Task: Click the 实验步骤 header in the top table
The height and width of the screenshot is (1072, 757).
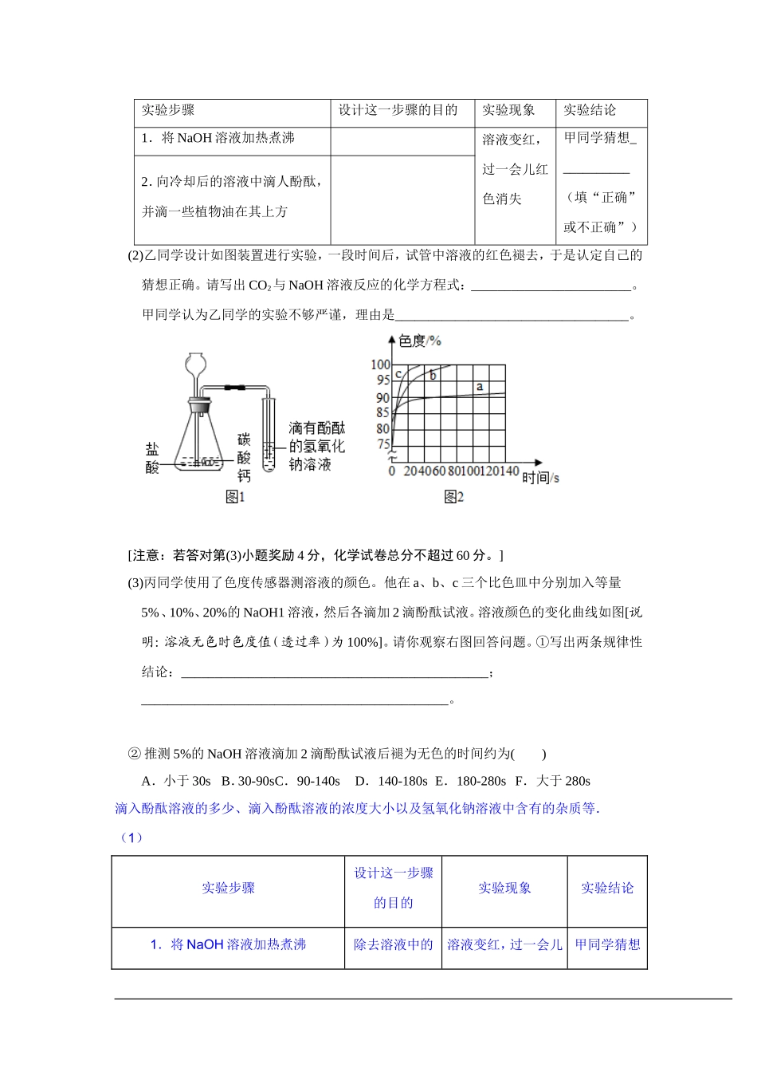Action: click(168, 111)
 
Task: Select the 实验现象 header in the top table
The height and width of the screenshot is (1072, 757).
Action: click(508, 111)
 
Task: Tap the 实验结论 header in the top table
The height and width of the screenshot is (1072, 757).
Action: click(590, 111)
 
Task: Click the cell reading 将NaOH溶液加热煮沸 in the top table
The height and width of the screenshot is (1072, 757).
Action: click(218, 138)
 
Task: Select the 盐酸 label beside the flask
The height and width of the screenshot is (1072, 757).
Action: click(152, 458)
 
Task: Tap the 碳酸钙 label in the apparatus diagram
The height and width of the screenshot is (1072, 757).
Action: click(244, 458)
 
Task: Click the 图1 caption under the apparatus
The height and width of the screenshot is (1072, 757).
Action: click(235, 497)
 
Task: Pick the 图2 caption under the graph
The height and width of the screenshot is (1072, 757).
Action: click(453, 497)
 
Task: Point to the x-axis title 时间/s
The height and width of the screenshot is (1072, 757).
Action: click(540, 477)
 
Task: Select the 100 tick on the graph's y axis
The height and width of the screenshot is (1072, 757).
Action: click(381, 365)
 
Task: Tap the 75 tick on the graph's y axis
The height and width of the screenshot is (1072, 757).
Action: click(383, 445)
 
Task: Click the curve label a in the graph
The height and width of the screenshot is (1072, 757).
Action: click(480, 387)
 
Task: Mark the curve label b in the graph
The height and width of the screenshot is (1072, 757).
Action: click(433, 375)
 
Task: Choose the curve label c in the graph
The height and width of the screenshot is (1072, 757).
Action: click(398, 373)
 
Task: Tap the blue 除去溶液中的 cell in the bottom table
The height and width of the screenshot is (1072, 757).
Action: click(394, 944)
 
